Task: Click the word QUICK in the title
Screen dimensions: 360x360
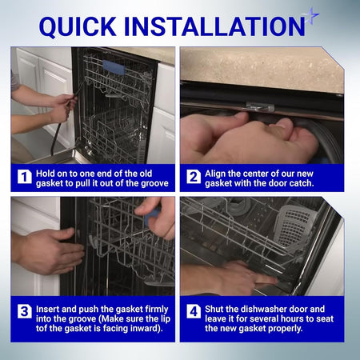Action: tap(78, 26)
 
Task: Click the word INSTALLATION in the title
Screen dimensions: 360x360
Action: tap(214, 26)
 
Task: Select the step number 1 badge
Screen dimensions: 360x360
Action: tap(25, 177)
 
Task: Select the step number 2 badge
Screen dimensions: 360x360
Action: tap(194, 177)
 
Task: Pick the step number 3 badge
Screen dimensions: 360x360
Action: tap(25, 311)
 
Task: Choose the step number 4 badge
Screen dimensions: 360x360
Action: tap(194, 311)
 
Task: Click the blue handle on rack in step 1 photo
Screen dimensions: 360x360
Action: tap(114, 67)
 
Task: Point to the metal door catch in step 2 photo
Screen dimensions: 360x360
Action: tap(260, 107)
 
